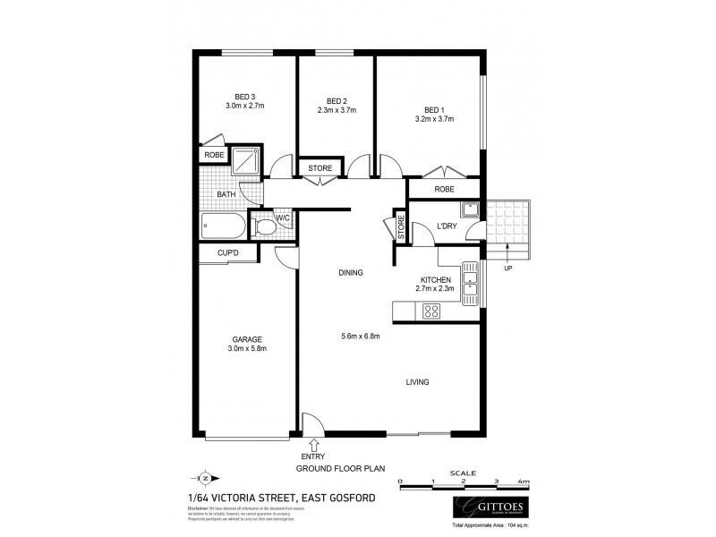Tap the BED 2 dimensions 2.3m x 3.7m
coord(337,110)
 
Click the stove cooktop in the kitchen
coord(431,311)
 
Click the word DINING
coord(350,273)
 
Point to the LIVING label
coord(417,382)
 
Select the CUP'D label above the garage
coord(229,253)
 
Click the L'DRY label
coord(447,226)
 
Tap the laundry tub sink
coord(470,209)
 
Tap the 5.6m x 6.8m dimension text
coord(362,337)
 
